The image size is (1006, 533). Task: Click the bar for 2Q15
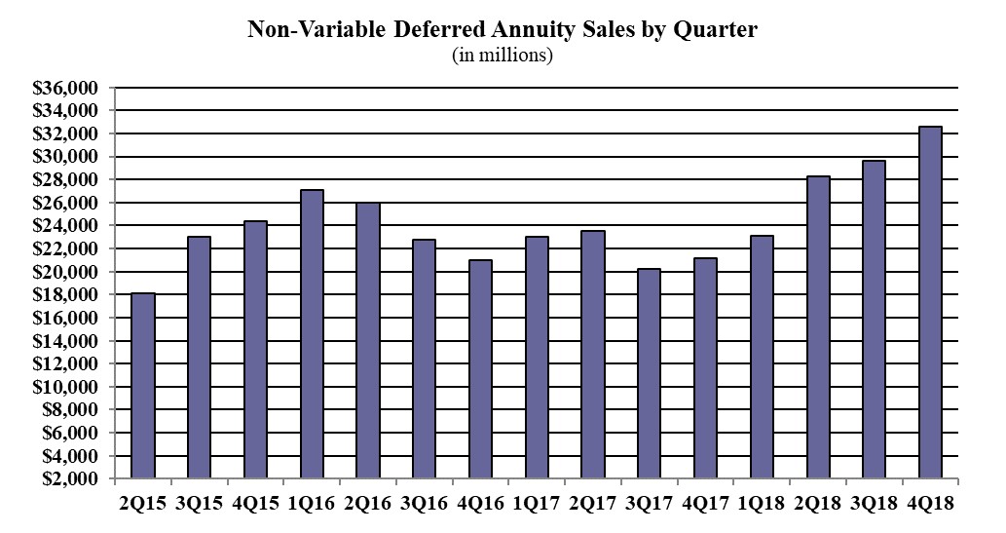(142, 386)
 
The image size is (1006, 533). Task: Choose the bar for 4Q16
(480, 369)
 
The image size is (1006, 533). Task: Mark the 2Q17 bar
(593, 355)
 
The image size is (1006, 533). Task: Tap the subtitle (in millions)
(503, 56)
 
